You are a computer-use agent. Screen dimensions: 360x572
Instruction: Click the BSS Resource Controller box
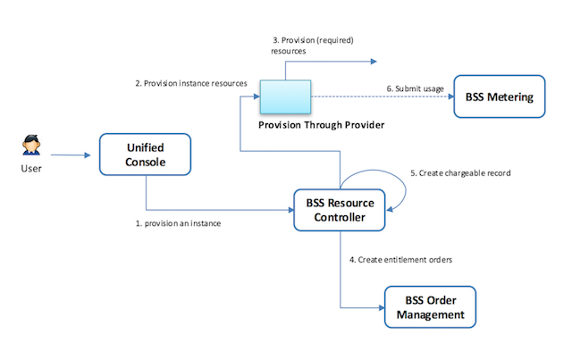[x=340, y=209]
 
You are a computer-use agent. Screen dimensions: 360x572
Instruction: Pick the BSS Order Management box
[x=430, y=307]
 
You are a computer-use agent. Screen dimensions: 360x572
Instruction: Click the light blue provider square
[x=284, y=95]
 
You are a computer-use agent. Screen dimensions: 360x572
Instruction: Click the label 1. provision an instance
[x=173, y=223]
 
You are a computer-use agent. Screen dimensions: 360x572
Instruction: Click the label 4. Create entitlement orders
[x=401, y=259]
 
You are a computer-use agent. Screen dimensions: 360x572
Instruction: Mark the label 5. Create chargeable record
[x=459, y=172]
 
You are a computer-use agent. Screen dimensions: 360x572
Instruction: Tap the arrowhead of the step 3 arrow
[x=374, y=62]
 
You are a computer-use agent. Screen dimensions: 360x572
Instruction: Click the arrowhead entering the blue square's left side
[x=255, y=96]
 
